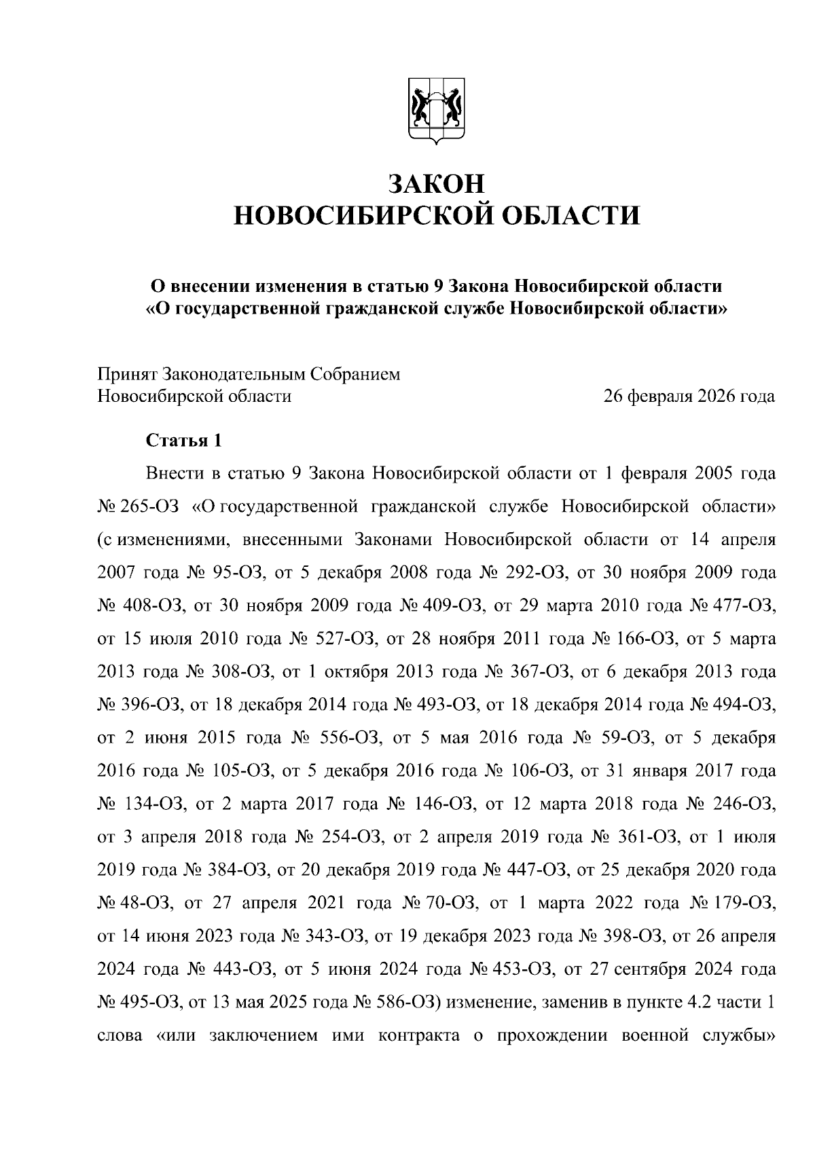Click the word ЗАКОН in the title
click(437, 183)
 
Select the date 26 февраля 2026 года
click(689, 396)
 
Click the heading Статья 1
click(184, 441)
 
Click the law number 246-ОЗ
click(742, 804)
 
